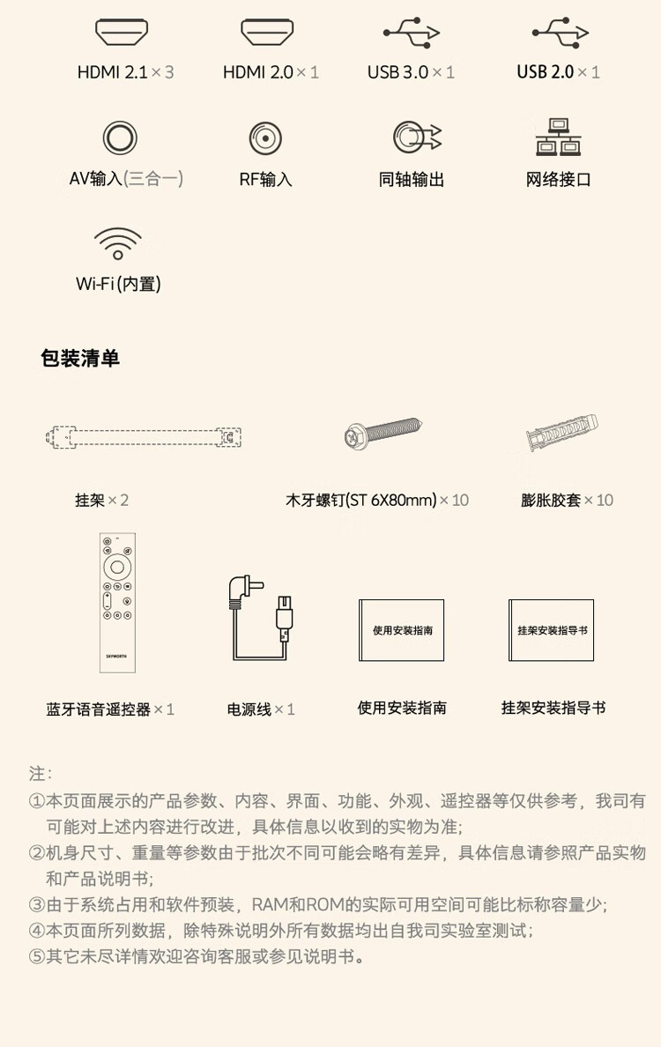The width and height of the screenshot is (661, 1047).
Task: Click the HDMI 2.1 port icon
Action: click(x=121, y=32)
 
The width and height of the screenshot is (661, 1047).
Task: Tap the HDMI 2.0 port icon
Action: click(x=267, y=32)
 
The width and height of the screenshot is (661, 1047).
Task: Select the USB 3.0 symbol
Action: click(x=412, y=32)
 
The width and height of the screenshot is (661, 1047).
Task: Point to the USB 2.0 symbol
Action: click(x=561, y=32)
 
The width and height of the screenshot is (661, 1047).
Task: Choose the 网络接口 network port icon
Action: click(x=558, y=137)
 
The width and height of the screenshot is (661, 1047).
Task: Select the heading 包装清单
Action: click(x=80, y=359)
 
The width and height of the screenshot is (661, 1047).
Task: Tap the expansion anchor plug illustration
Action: click(x=561, y=432)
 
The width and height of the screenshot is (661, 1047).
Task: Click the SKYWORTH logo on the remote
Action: click(x=116, y=656)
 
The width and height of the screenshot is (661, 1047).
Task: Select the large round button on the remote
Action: click(x=117, y=568)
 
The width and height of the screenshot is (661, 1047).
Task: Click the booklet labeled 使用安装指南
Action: click(x=401, y=629)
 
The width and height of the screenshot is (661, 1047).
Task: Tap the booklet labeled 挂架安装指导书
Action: click(x=552, y=629)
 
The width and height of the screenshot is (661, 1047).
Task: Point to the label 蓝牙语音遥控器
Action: click(x=99, y=709)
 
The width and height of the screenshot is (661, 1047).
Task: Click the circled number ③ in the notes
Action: click(x=37, y=905)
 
